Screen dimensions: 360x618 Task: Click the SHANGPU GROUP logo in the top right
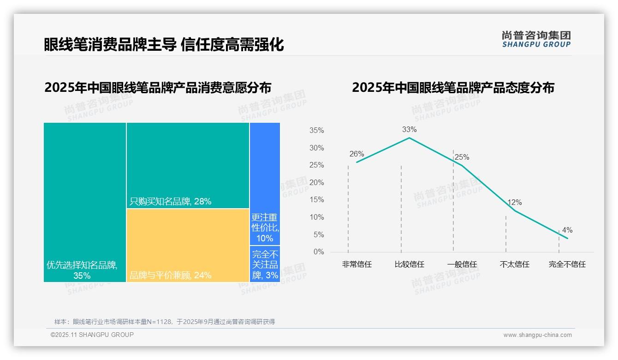536,39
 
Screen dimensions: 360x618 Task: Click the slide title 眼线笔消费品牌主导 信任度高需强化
164,44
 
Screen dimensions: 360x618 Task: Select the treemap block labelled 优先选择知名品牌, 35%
85,202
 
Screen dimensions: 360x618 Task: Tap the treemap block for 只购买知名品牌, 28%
188,165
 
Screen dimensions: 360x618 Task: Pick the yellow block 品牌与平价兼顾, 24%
188,245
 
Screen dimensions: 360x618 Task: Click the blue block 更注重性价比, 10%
265,184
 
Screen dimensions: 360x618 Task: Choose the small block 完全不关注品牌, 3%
265,264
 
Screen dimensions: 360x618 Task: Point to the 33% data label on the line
409,129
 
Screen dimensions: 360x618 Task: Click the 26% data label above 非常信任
357,154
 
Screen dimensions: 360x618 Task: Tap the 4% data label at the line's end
567,230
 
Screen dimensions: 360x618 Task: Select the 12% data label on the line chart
514,202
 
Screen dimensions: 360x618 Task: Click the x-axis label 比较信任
409,264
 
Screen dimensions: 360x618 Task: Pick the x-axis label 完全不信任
567,264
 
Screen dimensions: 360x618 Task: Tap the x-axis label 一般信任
462,264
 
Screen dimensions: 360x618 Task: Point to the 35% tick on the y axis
316,131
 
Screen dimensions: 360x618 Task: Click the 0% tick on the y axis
318,252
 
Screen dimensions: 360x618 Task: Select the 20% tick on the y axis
316,183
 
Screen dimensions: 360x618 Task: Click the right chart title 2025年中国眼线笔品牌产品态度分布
453,88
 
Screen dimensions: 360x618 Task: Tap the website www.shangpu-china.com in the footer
537,335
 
